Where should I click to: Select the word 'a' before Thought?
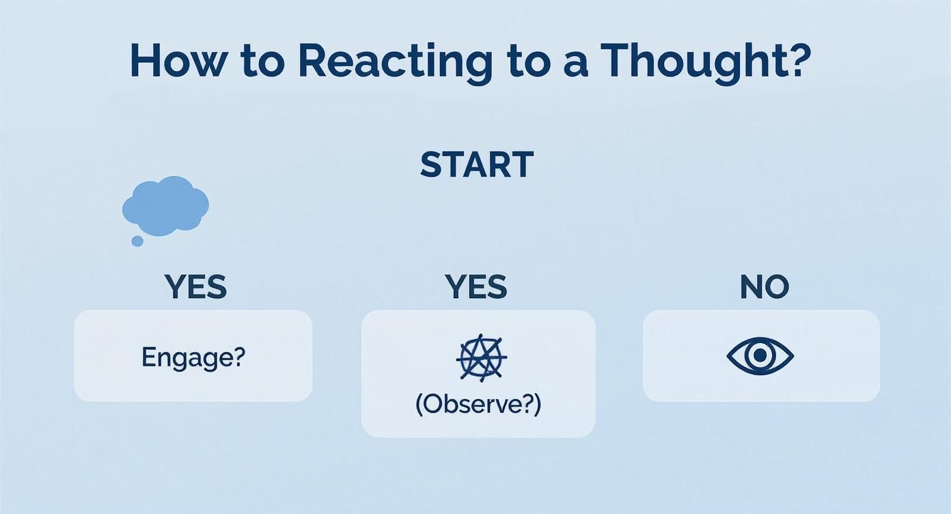pos(578,64)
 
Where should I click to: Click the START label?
pos(476,165)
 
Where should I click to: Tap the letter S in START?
pos(431,165)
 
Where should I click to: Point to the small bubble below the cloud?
pos(137,241)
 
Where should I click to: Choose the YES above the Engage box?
pos(195,287)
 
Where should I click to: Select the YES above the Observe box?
pos(476,287)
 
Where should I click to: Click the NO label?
pos(764,287)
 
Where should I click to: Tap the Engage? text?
pos(193,357)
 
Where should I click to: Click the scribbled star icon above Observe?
pos(481,357)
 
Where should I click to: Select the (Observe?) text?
pos(478,405)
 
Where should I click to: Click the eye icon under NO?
pos(760,356)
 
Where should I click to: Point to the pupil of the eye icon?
pos(760,356)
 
